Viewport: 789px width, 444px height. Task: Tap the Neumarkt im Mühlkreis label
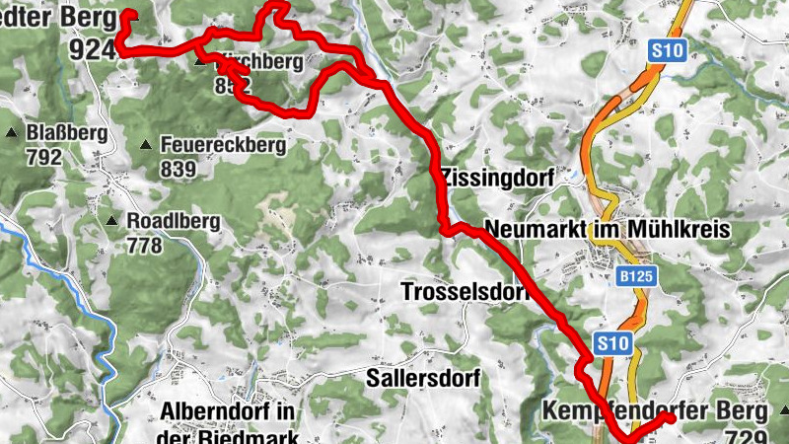(607, 230)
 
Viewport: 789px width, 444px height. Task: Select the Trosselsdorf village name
(464, 292)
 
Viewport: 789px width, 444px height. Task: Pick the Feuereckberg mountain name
(223, 146)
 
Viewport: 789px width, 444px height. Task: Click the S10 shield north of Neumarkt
(668, 50)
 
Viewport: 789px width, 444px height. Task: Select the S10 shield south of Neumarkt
(612, 343)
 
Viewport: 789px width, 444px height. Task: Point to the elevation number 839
(178, 169)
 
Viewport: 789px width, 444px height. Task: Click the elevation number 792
(44, 157)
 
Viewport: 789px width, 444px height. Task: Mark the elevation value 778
(145, 245)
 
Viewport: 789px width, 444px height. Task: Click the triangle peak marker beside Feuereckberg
(146, 145)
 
